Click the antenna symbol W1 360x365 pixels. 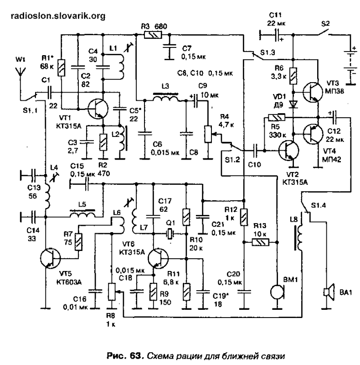[x=20, y=72]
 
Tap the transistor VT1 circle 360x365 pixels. [x=98, y=109]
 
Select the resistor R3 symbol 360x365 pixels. [x=153, y=35]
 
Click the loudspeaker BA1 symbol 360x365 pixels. [x=329, y=292]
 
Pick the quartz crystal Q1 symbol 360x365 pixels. [x=170, y=234]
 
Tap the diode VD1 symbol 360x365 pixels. [x=293, y=104]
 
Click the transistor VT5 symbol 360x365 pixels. [x=50, y=258]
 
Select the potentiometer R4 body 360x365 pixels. [x=208, y=134]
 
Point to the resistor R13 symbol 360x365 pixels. [x=261, y=242]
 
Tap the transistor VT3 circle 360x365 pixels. [x=313, y=92]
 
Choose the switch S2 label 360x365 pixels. [x=325, y=24]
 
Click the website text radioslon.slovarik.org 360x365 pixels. [x=58, y=16]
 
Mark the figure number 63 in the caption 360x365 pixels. [x=135, y=356]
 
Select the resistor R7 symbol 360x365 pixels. [x=78, y=242]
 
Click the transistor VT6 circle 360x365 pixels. [x=158, y=258]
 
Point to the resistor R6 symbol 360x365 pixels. [x=293, y=76]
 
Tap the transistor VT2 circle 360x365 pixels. [x=289, y=151]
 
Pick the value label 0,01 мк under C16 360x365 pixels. [x=75, y=307]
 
